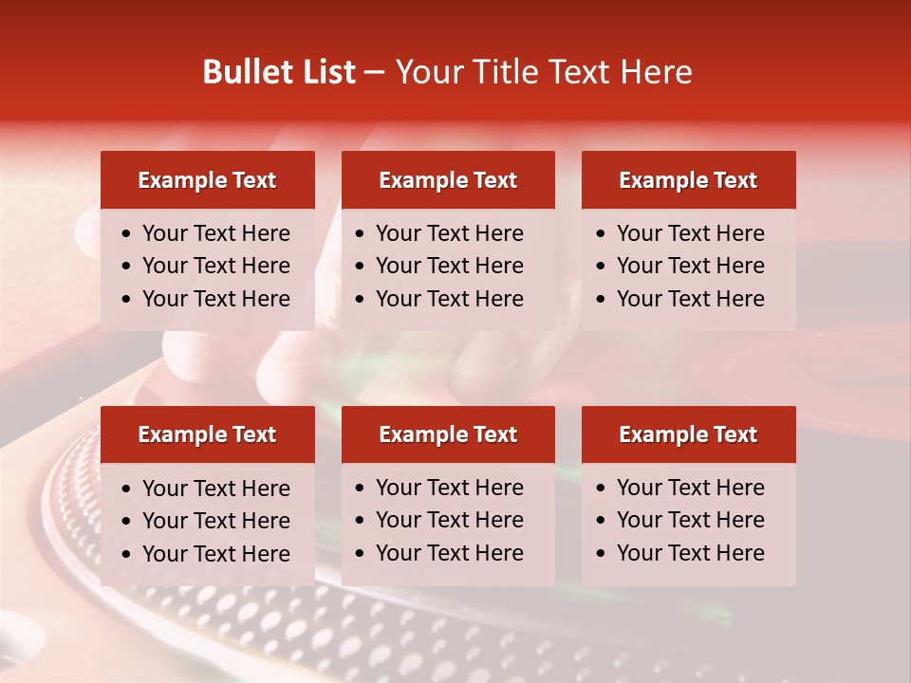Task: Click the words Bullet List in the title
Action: point(279,72)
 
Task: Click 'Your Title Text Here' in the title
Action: point(544,72)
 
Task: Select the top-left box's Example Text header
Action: point(207,180)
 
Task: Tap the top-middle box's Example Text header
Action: point(448,180)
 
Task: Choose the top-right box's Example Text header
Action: point(688,180)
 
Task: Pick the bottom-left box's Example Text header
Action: point(207,434)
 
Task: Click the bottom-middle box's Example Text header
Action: point(448,434)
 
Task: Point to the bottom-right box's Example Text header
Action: point(688,434)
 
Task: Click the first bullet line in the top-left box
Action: point(216,233)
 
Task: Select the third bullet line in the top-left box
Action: point(216,299)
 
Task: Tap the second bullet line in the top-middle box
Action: point(450,266)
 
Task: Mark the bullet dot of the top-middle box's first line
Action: point(361,234)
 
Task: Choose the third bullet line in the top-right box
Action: point(691,299)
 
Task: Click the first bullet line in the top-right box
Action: point(691,233)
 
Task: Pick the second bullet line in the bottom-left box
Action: point(216,521)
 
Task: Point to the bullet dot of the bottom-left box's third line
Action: point(127,555)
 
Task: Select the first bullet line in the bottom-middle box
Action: point(450,488)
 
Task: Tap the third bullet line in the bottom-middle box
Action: point(450,553)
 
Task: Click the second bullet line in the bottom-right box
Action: point(691,520)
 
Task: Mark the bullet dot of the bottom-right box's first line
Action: point(602,489)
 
